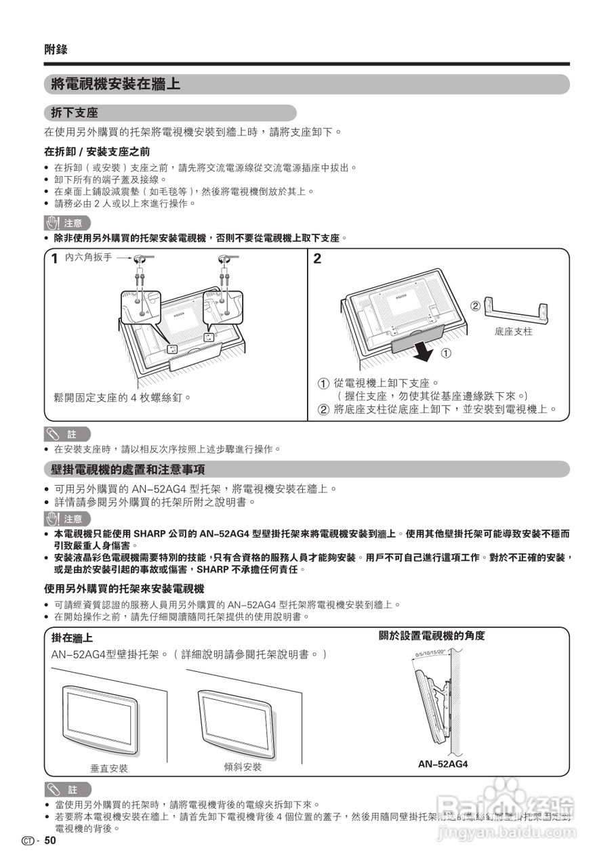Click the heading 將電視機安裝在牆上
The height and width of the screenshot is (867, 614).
(116, 85)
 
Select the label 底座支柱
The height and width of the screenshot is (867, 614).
(514, 332)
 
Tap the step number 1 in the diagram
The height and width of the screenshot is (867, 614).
(54, 259)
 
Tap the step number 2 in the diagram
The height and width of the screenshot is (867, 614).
(317, 259)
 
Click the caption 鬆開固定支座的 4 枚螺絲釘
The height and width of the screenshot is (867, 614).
(122, 397)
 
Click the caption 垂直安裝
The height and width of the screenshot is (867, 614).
(109, 769)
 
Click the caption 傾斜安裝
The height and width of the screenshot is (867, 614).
(243, 767)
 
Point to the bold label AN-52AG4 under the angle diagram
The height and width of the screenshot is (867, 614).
(443, 764)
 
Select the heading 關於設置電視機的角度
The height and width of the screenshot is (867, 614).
(432, 636)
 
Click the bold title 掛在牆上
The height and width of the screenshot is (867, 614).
(73, 638)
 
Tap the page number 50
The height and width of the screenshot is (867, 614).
(50, 841)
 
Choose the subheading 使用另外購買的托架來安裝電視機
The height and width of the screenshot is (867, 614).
(124, 589)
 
